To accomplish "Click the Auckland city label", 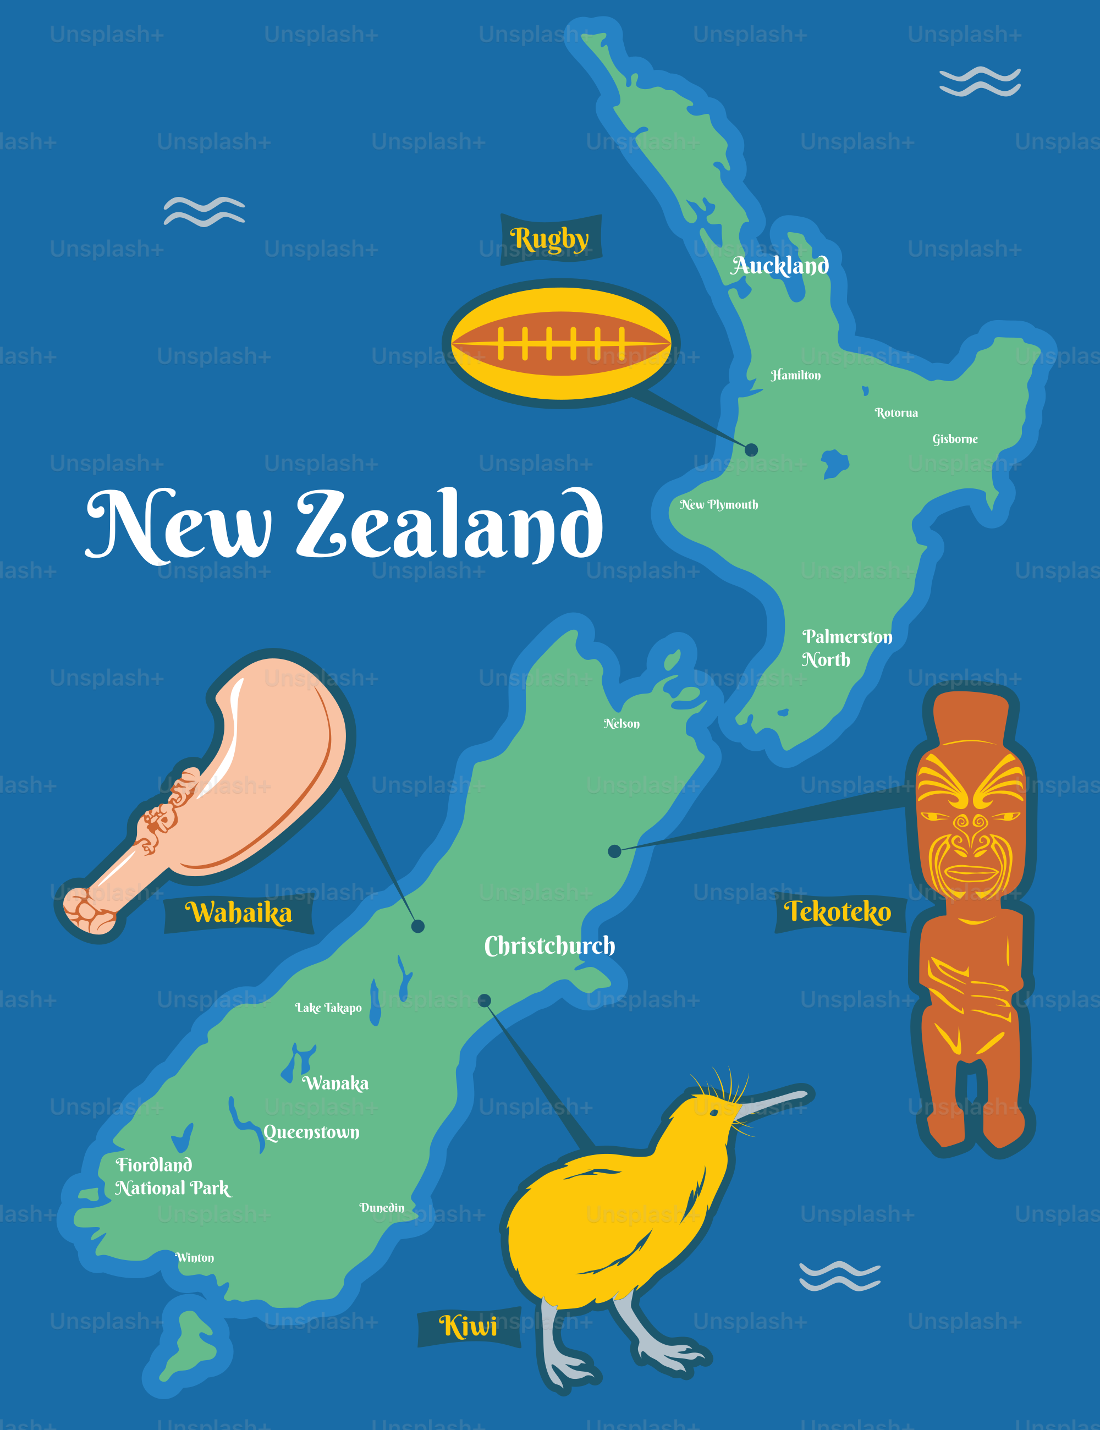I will click(x=780, y=266).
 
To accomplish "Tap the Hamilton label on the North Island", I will click(x=795, y=375).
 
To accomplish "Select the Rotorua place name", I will click(x=897, y=413).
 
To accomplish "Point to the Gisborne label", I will click(x=955, y=439).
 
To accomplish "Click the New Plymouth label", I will click(x=719, y=505).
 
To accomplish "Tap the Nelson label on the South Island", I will click(x=621, y=723).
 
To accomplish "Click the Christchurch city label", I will click(x=549, y=946).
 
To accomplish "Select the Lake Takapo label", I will click(x=328, y=1008).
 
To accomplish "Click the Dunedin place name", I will click(x=382, y=1207).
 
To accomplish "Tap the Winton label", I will click(x=195, y=1258).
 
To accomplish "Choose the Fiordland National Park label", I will click(x=172, y=1176).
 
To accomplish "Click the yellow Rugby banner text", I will click(x=550, y=239).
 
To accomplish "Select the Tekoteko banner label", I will click(x=838, y=912).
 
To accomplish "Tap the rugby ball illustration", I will click(x=561, y=343).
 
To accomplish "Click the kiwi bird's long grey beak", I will click(x=776, y=1101).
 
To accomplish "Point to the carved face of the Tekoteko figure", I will click(x=970, y=828).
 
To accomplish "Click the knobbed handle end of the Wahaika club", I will click(x=90, y=910).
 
